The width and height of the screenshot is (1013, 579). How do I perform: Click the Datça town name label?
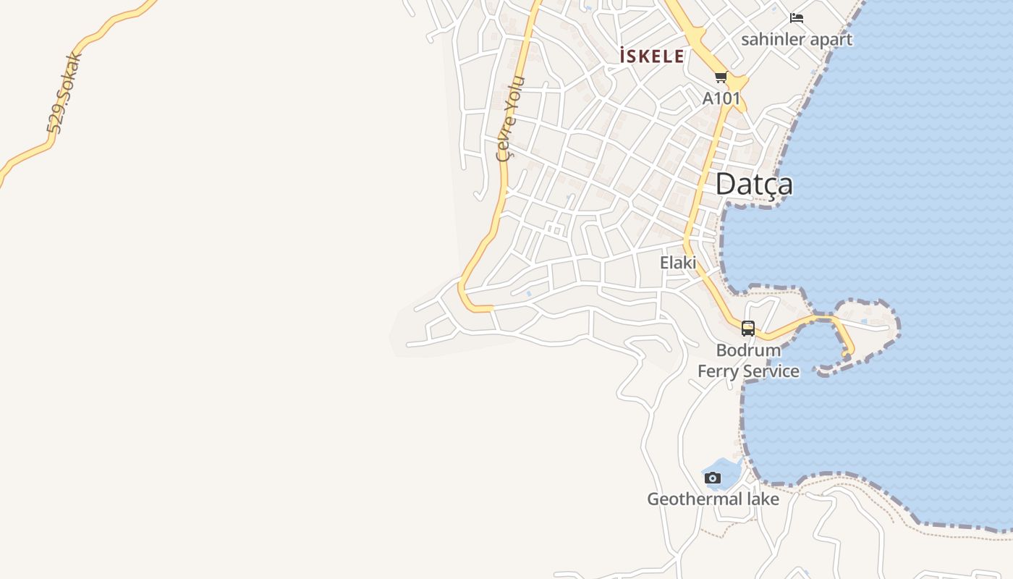(x=753, y=185)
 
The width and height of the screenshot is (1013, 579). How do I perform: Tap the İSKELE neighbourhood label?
(x=652, y=56)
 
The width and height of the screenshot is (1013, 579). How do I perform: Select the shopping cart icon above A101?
(x=721, y=77)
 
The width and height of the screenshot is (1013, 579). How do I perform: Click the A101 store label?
(x=721, y=98)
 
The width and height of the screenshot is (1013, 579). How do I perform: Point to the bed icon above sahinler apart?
(x=797, y=18)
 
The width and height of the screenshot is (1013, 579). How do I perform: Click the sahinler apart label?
(x=797, y=39)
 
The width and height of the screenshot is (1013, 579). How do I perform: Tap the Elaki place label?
(x=678, y=263)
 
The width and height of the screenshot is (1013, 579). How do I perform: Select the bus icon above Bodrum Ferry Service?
(x=748, y=329)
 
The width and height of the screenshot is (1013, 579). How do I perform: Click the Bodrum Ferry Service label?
(x=748, y=360)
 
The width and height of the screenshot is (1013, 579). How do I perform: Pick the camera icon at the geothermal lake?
(x=713, y=478)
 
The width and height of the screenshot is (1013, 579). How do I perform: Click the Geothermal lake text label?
(x=713, y=499)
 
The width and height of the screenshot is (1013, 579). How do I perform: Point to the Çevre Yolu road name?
(x=508, y=119)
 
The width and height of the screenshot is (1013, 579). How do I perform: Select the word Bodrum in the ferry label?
(x=748, y=350)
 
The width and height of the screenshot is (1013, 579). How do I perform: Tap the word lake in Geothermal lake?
(x=763, y=499)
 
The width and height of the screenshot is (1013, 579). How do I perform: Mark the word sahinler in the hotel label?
(x=772, y=39)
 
